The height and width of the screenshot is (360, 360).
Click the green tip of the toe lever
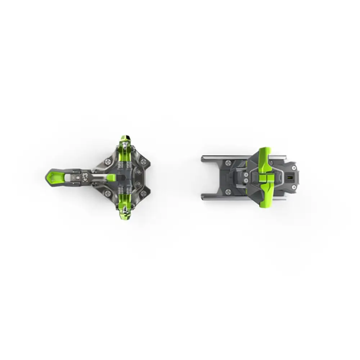[53, 176]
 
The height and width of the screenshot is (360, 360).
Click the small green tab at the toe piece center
[111, 177]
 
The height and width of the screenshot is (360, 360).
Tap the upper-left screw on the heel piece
[228, 163]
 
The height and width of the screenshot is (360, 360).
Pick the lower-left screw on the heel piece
[228, 192]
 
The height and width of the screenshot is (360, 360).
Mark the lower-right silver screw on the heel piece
[294, 188]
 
